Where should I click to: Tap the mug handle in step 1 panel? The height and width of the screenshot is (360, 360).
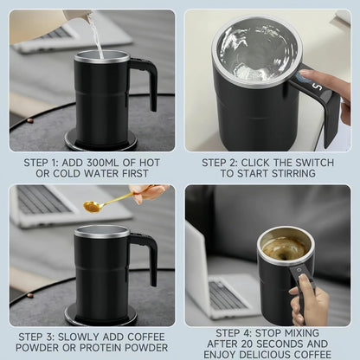[145, 81]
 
